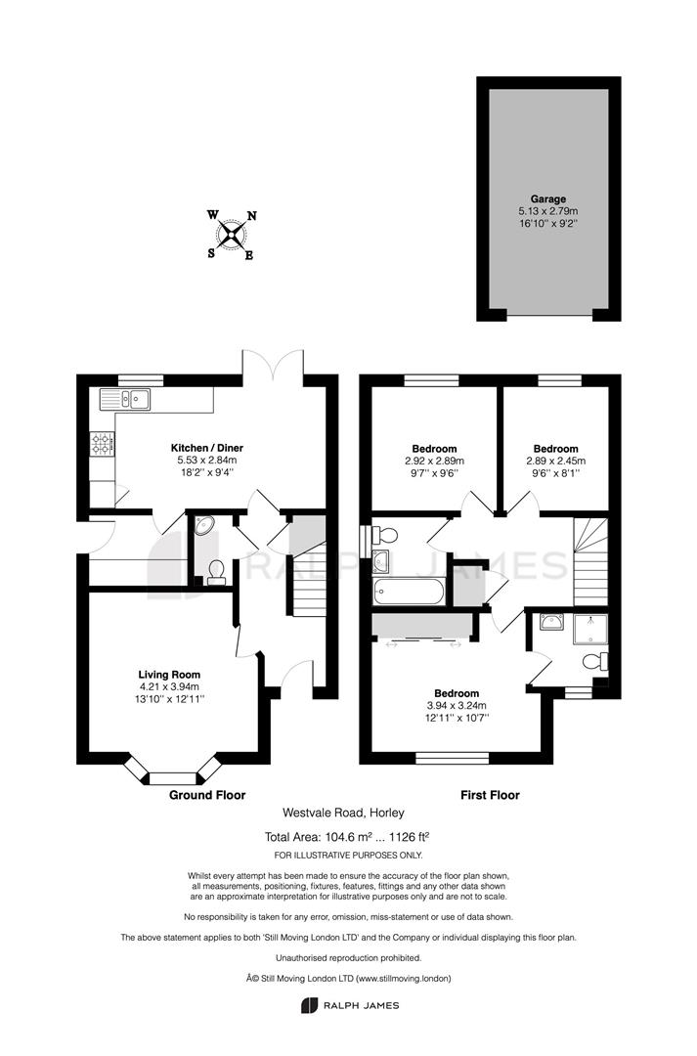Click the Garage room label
point(547,198)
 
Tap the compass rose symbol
point(232,235)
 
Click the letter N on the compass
point(252,216)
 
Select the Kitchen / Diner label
point(206,448)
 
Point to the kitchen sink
point(126,399)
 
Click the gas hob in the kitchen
point(102,444)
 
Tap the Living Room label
point(169,674)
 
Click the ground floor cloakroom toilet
point(216,572)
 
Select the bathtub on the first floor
point(408,592)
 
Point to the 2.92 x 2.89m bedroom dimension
point(434,461)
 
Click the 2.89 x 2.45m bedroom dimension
point(555,461)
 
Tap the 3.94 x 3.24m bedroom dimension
point(456,705)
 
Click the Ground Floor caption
point(207,795)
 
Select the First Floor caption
point(491,795)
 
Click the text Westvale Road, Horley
point(343,813)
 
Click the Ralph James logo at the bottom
point(350,1005)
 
